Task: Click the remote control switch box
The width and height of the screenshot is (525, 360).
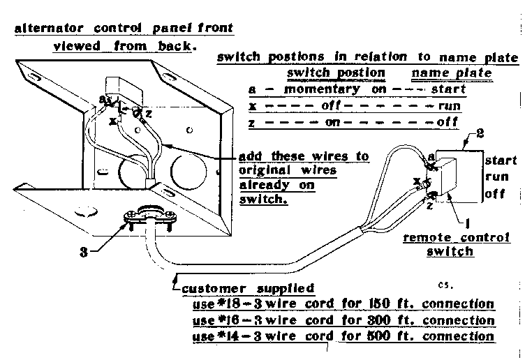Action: (x=452, y=177)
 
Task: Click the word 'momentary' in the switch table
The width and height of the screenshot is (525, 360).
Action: (x=308, y=89)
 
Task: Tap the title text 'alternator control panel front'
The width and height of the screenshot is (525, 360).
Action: (x=124, y=29)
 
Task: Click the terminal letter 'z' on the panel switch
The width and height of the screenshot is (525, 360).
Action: (x=148, y=114)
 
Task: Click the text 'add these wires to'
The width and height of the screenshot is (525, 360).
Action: (x=304, y=156)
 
